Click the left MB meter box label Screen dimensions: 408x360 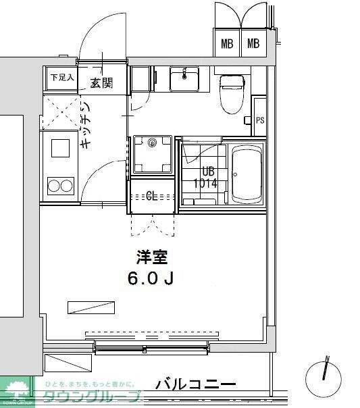pos(227,45)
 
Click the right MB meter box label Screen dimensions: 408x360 pos(253,45)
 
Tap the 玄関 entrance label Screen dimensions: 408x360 pos(101,83)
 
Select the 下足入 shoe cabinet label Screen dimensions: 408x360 pos(61,77)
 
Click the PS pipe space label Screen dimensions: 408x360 pos(260,120)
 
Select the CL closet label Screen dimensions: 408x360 pos(153,197)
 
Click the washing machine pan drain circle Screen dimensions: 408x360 pos(153,143)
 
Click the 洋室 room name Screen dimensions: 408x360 pos(152,257)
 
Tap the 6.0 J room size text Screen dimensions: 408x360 pos(152,278)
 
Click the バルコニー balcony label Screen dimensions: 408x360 pos(196,385)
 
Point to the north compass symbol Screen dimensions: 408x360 pos(325,373)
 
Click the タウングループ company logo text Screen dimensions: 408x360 pos(92,398)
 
